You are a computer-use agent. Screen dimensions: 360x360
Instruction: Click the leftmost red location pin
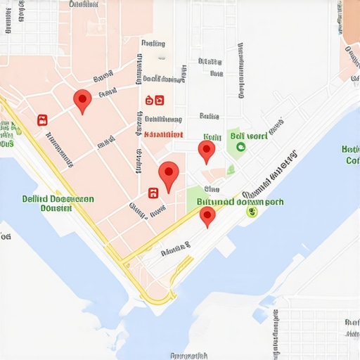click(82, 101)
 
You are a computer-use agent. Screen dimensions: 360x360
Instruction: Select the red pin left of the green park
click(206, 150)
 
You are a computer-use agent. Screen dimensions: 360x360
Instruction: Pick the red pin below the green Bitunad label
click(207, 216)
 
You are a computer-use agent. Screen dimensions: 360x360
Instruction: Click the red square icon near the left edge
click(42, 120)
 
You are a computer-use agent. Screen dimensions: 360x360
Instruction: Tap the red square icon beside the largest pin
click(152, 192)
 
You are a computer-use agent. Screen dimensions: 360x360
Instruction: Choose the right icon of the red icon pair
click(159, 101)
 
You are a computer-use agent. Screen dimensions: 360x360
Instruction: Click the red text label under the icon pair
click(163, 134)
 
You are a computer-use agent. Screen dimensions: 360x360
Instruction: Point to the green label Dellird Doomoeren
click(57, 203)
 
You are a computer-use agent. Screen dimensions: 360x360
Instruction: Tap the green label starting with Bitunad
click(240, 201)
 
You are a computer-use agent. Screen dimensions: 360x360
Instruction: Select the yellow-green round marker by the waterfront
click(252, 212)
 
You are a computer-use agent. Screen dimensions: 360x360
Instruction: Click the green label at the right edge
click(351, 155)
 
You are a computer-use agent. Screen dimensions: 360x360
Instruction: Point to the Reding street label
click(153, 44)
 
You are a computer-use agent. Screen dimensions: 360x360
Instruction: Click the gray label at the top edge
click(84, 4)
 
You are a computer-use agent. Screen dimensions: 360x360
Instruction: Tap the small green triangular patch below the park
click(230, 169)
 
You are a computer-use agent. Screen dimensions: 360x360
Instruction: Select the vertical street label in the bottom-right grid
click(349, 327)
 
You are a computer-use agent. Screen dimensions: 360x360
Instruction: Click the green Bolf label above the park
click(248, 135)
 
